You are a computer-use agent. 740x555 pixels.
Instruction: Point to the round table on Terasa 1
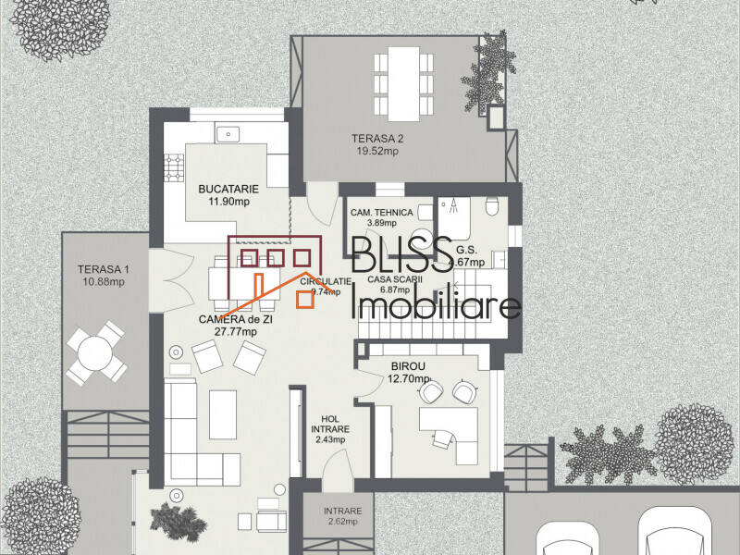point(95,353)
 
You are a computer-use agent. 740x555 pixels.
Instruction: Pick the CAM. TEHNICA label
point(381,213)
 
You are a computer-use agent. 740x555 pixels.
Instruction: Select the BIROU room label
point(408,365)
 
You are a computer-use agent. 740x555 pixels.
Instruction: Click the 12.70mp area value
point(409,378)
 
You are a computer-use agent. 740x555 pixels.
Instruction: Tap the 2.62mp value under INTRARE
point(342,523)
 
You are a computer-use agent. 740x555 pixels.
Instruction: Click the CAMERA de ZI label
point(235,318)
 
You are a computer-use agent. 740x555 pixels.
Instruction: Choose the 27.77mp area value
point(235,330)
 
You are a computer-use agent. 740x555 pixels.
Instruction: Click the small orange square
point(303,297)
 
